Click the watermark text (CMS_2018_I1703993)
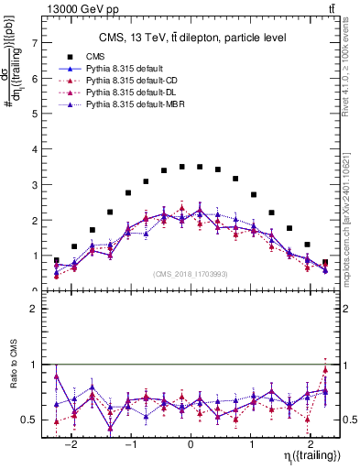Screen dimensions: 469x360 (191, 274)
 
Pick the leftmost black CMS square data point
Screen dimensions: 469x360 (57, 260)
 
